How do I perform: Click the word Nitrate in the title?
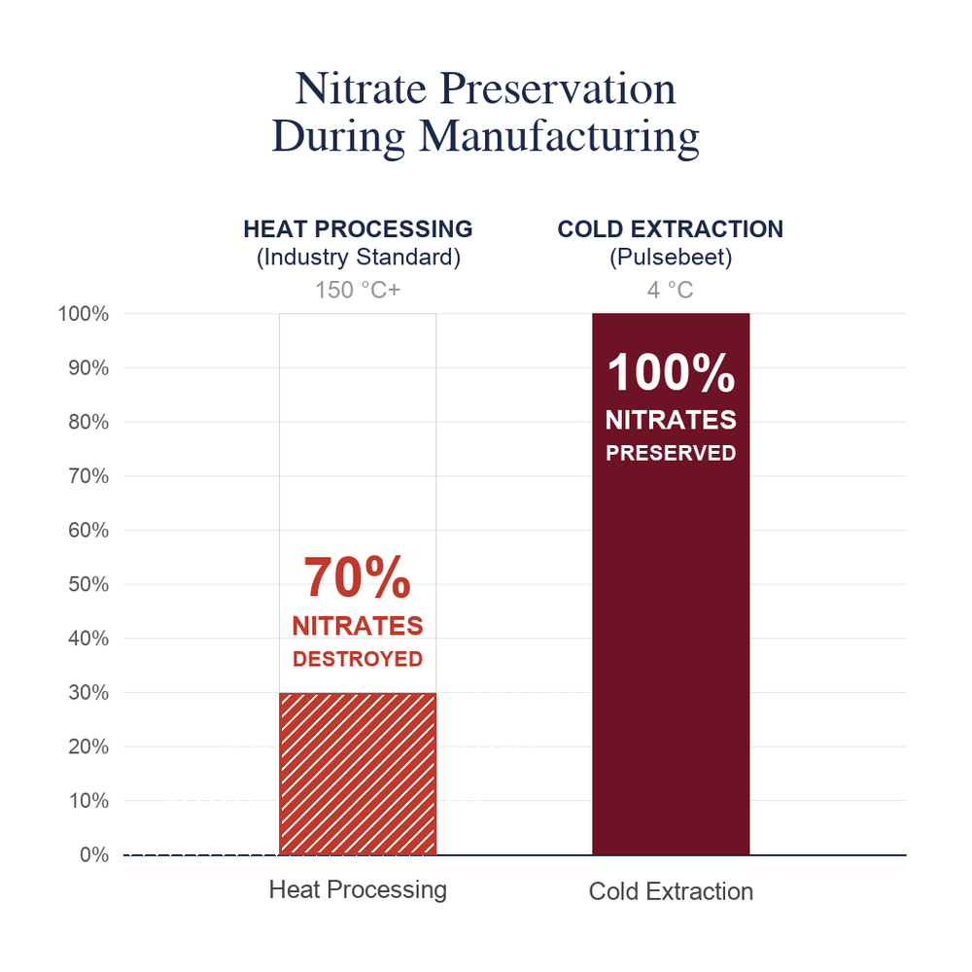(x=361, y=88)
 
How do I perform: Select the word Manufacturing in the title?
(x=559, y=137)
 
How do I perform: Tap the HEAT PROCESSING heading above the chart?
(x=358, y=228)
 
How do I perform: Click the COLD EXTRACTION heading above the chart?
(x=670, y=228)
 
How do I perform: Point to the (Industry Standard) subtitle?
(x=359, y=258)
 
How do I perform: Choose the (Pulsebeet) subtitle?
(x=671, y=258)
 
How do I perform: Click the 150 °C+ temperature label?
(x=358, y=290)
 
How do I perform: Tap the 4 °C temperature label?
(x=670, y=290)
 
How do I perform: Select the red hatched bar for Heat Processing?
(x=358, y=774)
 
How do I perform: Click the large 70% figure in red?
(x=357, y=577)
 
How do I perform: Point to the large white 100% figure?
(x=671, y=372)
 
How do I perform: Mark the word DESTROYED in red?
(x=358, y=659)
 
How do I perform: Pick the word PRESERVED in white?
(x=671, y=453)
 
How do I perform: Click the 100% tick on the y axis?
(x=83, y=314)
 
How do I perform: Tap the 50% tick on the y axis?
(x=88, y=584)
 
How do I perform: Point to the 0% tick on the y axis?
(x=94, y=854)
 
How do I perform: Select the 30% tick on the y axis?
(x=88, y=692)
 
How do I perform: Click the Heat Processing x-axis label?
(x=358, y=889)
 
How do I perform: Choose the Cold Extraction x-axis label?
(x=671, y=891)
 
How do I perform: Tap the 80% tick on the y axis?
(x=88, y=422)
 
